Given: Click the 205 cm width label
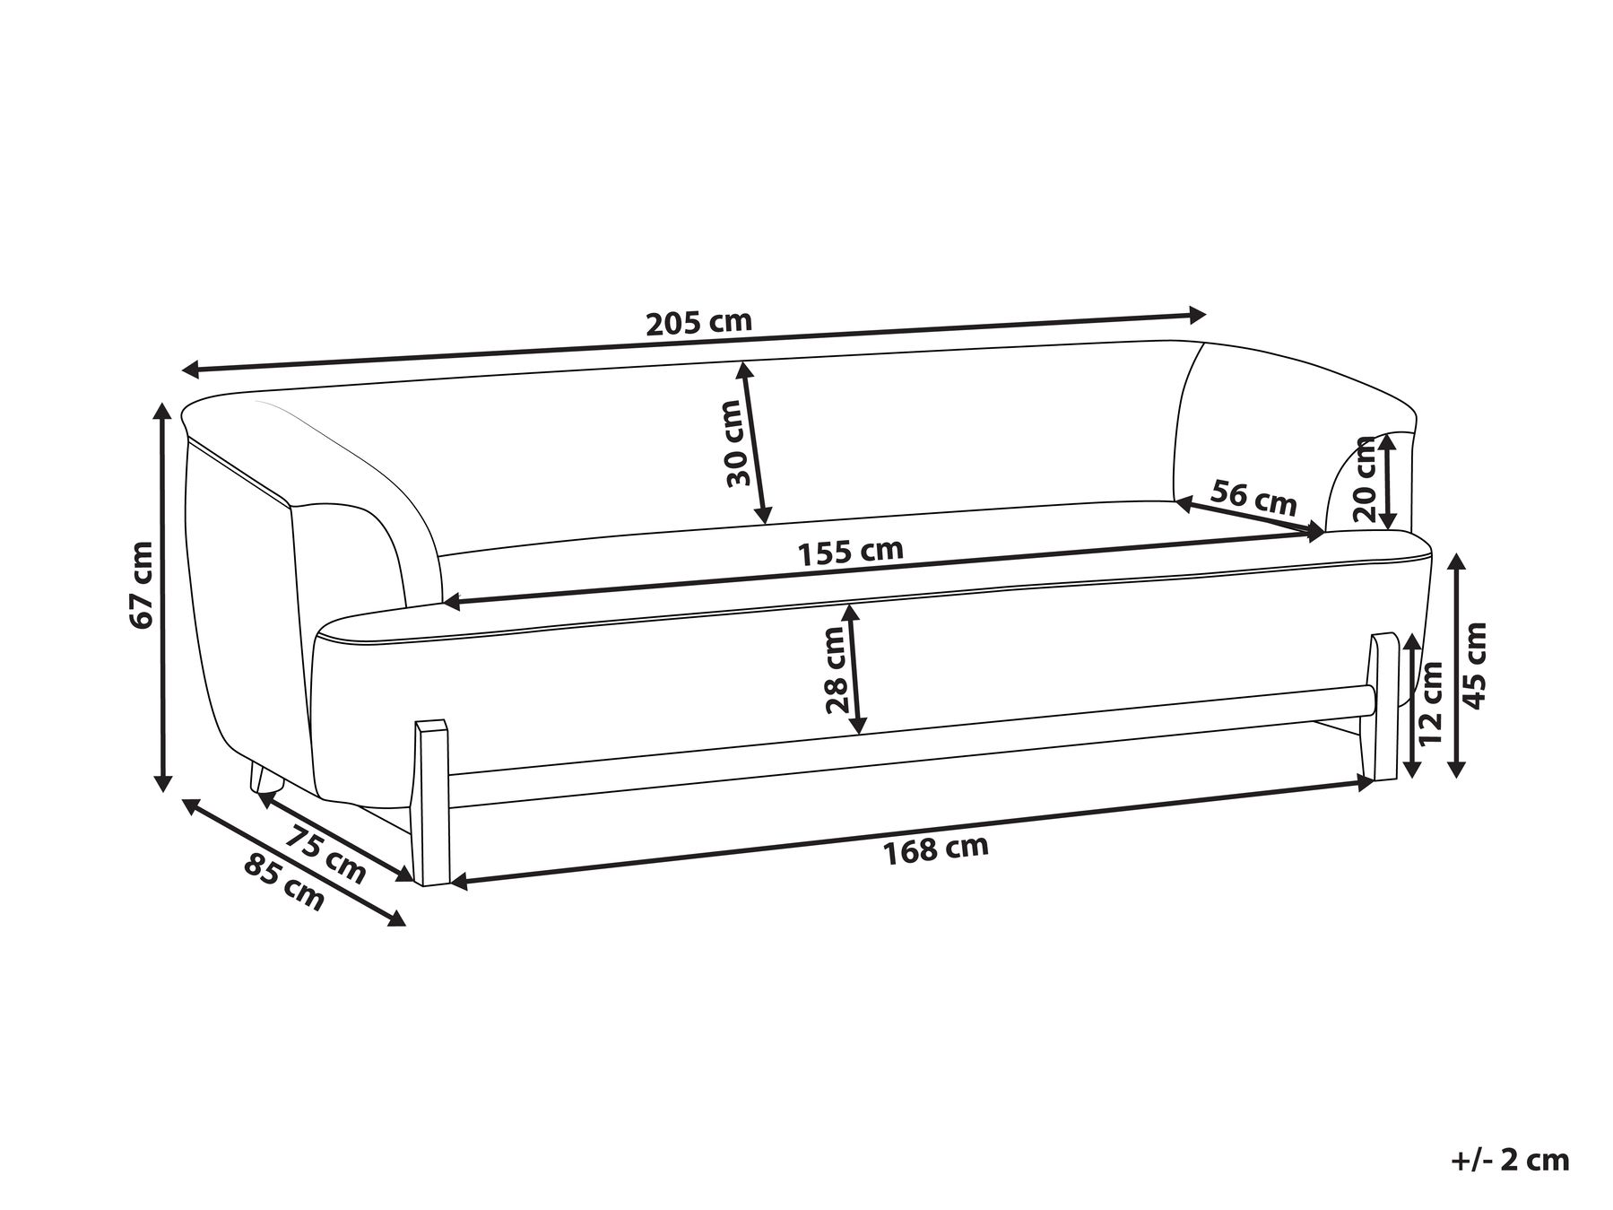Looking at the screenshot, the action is click(x=698, y=322).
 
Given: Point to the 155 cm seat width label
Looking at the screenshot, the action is click(x=851, y=552).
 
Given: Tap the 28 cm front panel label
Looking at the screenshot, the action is click(x=836, y=669).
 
